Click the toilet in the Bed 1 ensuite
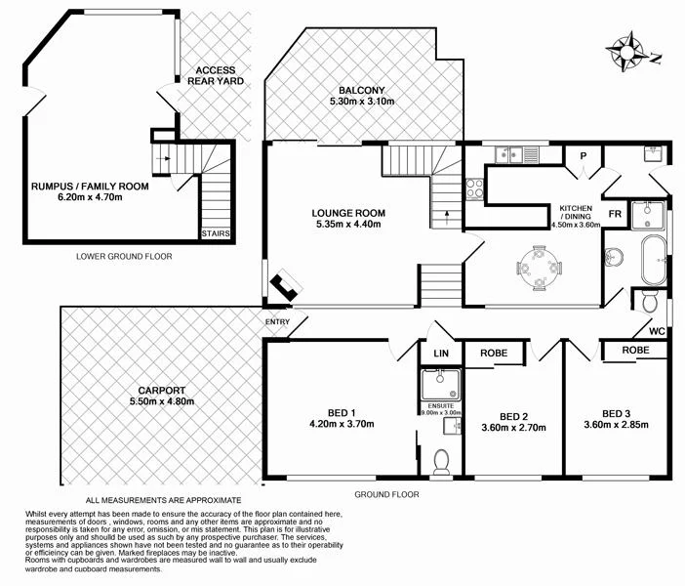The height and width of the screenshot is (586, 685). (440, 460)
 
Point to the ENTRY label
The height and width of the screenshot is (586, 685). (277, 322)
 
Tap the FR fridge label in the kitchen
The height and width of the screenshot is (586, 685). (616, 213)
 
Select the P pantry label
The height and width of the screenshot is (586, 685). (583, 155)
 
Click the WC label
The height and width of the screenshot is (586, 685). (657, 331)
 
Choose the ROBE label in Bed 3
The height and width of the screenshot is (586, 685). (635, 349)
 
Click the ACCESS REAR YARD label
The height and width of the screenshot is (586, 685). (216, 76)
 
